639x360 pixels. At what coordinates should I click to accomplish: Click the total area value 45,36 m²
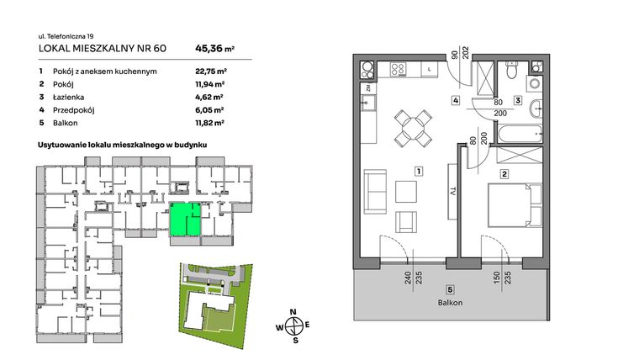214,48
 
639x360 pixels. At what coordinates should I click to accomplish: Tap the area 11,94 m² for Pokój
209,84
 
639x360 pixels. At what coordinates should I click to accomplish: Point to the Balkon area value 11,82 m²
209,123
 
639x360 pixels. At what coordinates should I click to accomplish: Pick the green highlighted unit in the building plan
185,220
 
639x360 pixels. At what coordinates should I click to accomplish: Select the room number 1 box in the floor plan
417,172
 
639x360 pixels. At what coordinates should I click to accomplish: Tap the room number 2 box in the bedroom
504,175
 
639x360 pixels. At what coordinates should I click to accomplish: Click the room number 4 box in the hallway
455,102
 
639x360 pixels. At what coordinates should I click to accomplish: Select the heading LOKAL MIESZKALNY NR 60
103,49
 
